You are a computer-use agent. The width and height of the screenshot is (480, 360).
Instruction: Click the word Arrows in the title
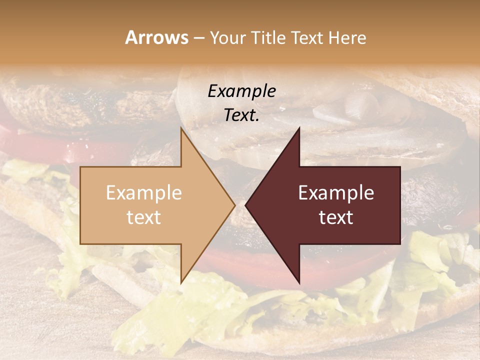click(x=156, y=37)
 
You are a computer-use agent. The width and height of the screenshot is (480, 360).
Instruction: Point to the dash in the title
click(x=198, y=38)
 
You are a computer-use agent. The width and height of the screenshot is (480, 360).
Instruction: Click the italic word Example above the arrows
click(x=241, y=91)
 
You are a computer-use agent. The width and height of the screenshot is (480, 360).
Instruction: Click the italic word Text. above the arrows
click(x=241, y=115)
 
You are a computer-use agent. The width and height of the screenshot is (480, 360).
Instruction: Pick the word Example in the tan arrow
click(x=144, y=192)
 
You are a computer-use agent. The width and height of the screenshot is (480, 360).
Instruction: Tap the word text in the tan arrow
click(x=144, y=217)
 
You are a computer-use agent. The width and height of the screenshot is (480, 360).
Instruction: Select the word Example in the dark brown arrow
click(x=336, y=192)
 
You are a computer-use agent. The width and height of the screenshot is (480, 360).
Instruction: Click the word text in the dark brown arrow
click(x=336, y=217)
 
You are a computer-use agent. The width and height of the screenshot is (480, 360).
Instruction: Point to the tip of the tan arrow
click(x=234, y=205)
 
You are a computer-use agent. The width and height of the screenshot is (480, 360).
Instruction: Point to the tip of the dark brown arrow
click(x=246, y=205)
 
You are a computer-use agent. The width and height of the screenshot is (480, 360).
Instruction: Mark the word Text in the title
click(x=308, y=37)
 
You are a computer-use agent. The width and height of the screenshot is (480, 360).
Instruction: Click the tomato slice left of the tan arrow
click(x=40, y=145)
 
